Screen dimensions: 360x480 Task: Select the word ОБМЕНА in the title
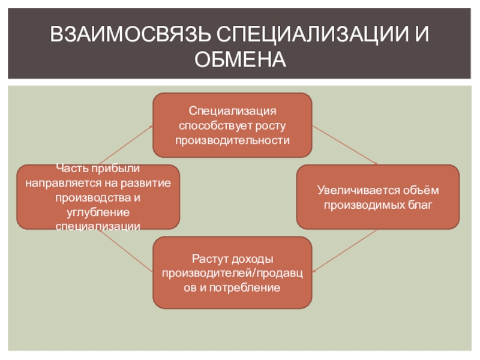click(x=240, y=59)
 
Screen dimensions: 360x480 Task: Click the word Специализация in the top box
click(x=232, y=112)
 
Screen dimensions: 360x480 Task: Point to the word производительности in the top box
click(x=232, y=140)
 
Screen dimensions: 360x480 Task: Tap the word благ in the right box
click(x=421, y=205)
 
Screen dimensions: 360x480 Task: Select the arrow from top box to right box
click(x=346, y=145)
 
